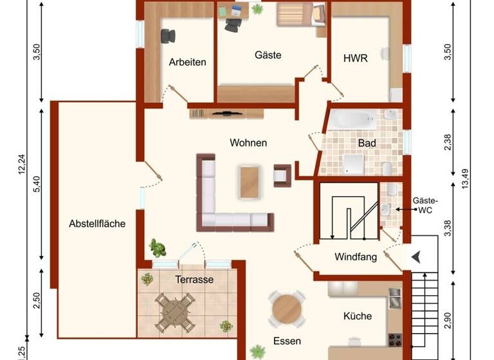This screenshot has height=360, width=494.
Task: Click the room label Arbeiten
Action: [187, 62]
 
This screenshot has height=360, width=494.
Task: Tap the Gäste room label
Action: [268, 55]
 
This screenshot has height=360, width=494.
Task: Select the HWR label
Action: [355, 59]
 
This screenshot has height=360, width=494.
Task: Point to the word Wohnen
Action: [248, 143]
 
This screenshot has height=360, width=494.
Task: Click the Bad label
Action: [367, 143]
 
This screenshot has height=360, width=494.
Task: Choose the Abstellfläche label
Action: [97, 224]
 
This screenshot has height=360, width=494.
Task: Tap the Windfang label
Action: [355, 257]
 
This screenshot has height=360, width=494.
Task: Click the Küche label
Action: [357, 316]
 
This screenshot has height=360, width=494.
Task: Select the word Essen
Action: [286, 341]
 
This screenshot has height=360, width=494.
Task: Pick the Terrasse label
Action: [194, 280]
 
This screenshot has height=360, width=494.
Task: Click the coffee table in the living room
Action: [249, 181]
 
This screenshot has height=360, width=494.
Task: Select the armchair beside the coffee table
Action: [282, 175]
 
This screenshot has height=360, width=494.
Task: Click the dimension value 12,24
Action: [21, 164]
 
